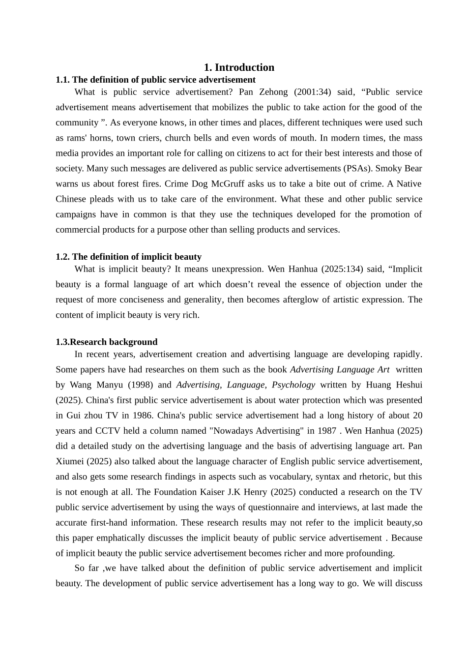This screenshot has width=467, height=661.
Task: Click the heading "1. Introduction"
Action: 239,67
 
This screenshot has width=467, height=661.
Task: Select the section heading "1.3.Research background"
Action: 107,342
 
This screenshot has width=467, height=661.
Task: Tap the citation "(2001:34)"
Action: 313,92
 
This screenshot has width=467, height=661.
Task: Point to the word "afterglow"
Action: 302,300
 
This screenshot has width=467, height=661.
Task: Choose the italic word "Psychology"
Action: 293,385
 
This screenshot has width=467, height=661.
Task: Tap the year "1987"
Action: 326,431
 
